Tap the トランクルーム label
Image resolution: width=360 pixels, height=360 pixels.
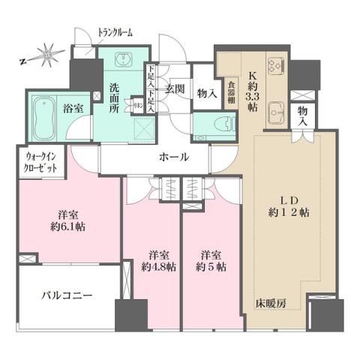click(x=115, y=32)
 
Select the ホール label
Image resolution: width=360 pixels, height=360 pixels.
click(x=173, y=157)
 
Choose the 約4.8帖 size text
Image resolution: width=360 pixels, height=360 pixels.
click(x=158, y=266)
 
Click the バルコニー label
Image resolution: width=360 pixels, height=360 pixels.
click(x=66, y=295)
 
